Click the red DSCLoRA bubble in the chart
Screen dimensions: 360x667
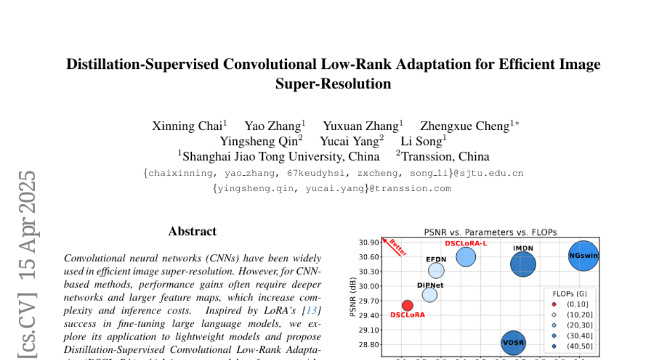pos(407,305)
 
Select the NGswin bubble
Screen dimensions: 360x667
pos(584,256)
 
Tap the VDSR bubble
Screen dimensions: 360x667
pos(514,342)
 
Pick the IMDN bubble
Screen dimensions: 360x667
pos(523,264)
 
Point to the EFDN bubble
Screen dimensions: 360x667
pos(436,271)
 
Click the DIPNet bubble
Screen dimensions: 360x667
pos(430,295)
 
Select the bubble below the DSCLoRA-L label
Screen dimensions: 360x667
pos(466,257)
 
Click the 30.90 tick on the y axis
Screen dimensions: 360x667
pos(369,242)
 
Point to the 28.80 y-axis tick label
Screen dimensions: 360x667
pos(369,344)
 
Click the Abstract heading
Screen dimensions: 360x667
pos(192,231)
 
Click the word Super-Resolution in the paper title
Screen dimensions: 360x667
pos(333,84)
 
